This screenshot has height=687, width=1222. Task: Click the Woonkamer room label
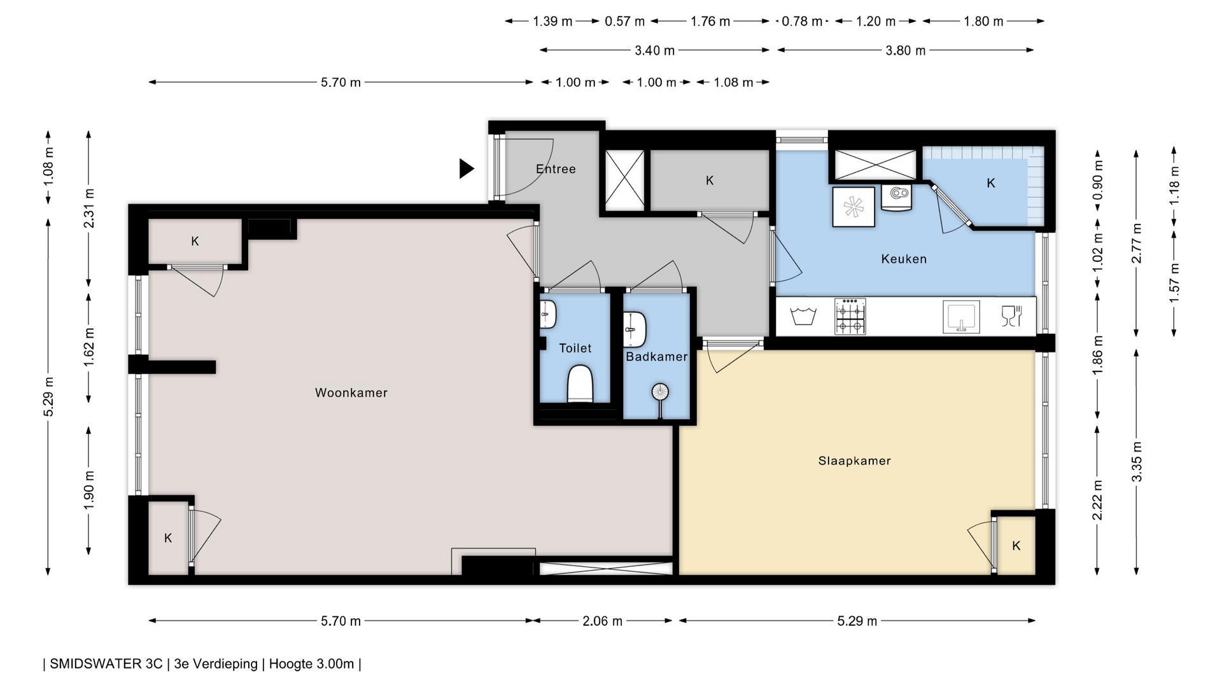(x=351, y=393)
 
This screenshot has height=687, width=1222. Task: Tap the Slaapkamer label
(x=854, y=461)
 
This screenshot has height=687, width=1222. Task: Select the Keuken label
(x=904, y=259)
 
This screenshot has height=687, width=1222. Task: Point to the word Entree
(x=556, y=169)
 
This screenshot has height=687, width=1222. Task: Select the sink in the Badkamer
(x=635, y=329)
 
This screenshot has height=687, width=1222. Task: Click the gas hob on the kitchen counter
(x=850, y=316)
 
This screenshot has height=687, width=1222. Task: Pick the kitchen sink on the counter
(x=961, y=316)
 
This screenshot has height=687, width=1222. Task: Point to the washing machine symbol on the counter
(x=803, y=316)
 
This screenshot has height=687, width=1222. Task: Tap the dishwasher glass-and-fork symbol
(x=1011, y=316)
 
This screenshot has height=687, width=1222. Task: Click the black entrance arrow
(x=467, y=169)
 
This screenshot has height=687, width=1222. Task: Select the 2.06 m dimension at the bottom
(x=602, y=621)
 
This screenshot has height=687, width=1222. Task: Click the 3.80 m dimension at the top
(x=905, y=50)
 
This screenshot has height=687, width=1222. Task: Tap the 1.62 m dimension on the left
(x=89, y=347)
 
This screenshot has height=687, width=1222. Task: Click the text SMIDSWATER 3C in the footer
(x=106, y=664)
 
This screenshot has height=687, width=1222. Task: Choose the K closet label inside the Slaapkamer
(x=1016, y=546)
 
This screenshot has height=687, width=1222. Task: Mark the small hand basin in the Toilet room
(x=548, y=314)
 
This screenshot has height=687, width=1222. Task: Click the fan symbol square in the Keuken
(x=853, y=207)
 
